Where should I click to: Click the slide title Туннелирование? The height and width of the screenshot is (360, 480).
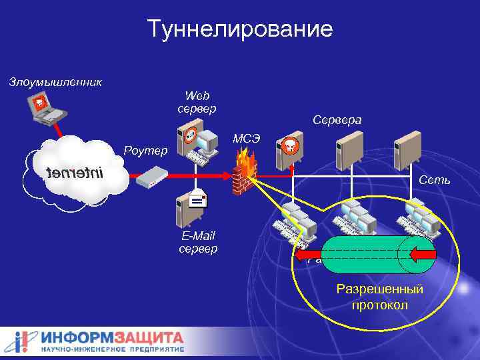click(x=240, y=29)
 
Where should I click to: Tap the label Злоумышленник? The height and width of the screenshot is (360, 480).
click(x=55, y=83)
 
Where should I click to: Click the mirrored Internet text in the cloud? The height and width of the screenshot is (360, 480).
click(x=75, y=175)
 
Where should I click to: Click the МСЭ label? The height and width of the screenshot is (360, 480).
click(x=246, y=139)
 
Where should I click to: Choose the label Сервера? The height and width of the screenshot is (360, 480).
click(x=337, y=121)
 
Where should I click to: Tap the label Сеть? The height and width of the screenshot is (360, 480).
click(x=435, y=181)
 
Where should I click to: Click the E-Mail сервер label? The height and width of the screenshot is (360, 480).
click(x=198, y=243)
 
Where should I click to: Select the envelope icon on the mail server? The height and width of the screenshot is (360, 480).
click(x=197, y=198)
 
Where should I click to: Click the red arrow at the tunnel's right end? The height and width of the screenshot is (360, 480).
click(x=422, y=254)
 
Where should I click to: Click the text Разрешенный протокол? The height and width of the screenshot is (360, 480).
click(x=380, y=297)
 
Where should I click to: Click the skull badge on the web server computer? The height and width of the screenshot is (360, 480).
click(x=191, y=133)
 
